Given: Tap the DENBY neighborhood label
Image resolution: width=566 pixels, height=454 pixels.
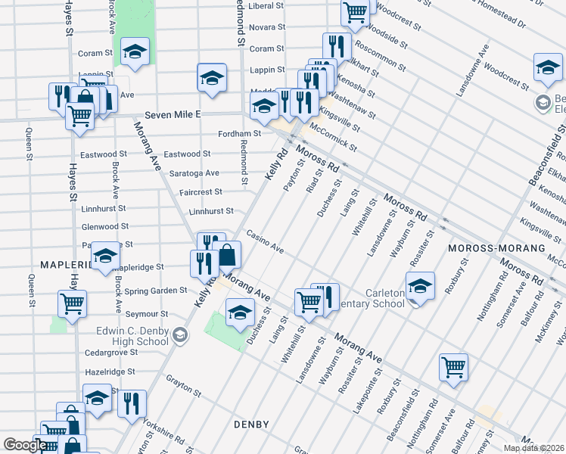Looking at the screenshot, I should coord(250,425).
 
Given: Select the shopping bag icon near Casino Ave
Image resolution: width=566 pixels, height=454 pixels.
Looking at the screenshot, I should coord(227,256).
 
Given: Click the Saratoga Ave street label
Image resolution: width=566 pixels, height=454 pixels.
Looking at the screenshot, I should coord(194,173).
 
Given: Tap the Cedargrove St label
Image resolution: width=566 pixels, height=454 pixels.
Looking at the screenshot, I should coord(111,353).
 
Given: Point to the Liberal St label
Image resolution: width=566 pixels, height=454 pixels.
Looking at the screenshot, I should coord(266,6).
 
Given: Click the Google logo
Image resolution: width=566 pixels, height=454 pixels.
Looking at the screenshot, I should coord(24,445).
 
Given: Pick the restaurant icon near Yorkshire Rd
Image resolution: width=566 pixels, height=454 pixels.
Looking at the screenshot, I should coord(132,404).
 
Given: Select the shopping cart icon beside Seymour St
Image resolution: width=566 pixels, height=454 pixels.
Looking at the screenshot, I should coord(72,303).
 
